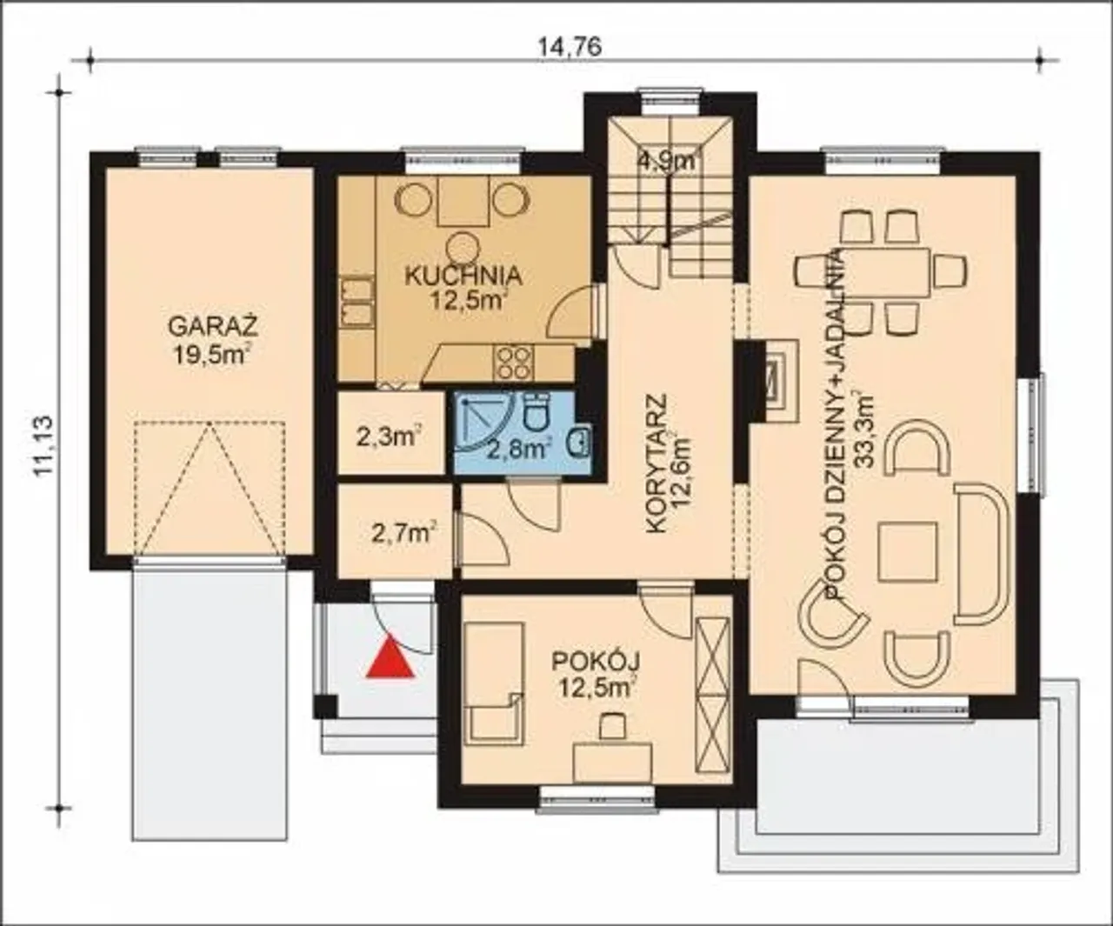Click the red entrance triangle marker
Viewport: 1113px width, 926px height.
[390, 656]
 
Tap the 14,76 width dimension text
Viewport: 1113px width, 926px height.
[570, 47]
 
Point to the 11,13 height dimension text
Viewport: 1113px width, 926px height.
[42, 446]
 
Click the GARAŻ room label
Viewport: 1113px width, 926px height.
[213, 326]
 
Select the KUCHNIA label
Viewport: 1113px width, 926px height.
[463, 276]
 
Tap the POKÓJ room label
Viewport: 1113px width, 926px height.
[596, 663]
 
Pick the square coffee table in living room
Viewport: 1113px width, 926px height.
[908, 551]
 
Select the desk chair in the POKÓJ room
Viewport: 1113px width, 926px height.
[612, 725]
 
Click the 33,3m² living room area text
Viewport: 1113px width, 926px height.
[864, 428]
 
